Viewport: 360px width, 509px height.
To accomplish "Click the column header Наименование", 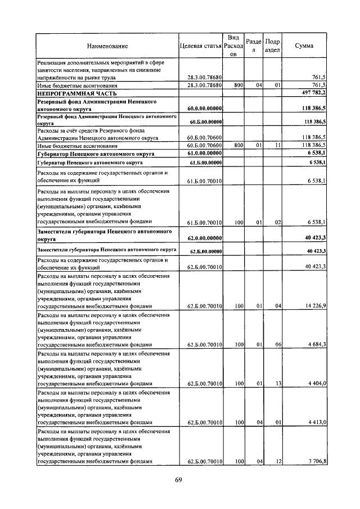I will pyautogui.click(x=107, y=46).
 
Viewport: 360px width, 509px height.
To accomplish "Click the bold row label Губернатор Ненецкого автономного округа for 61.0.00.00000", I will pyautogui.click(x=95, y=153).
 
